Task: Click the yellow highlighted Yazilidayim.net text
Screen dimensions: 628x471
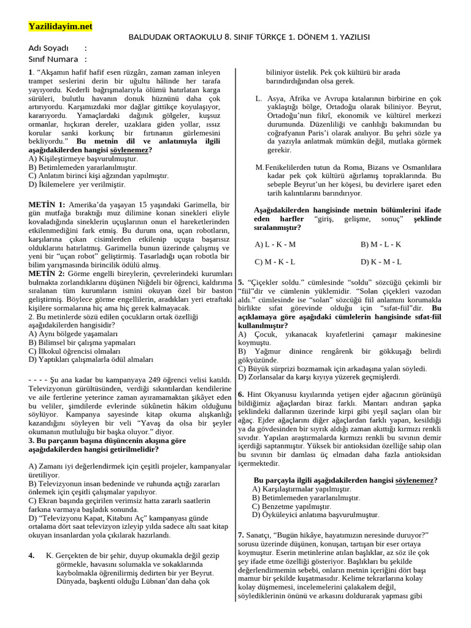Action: [60, 26]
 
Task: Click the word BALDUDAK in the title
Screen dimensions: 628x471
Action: [150, 37]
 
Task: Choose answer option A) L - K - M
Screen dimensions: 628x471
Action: [275, 244]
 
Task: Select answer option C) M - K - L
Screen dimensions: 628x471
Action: [275, 262]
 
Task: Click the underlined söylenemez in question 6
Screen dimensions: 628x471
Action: [414, 480]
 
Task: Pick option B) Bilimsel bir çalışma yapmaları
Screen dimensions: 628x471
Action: [77, 342]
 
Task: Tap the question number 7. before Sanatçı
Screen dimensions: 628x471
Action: [240, 535]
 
